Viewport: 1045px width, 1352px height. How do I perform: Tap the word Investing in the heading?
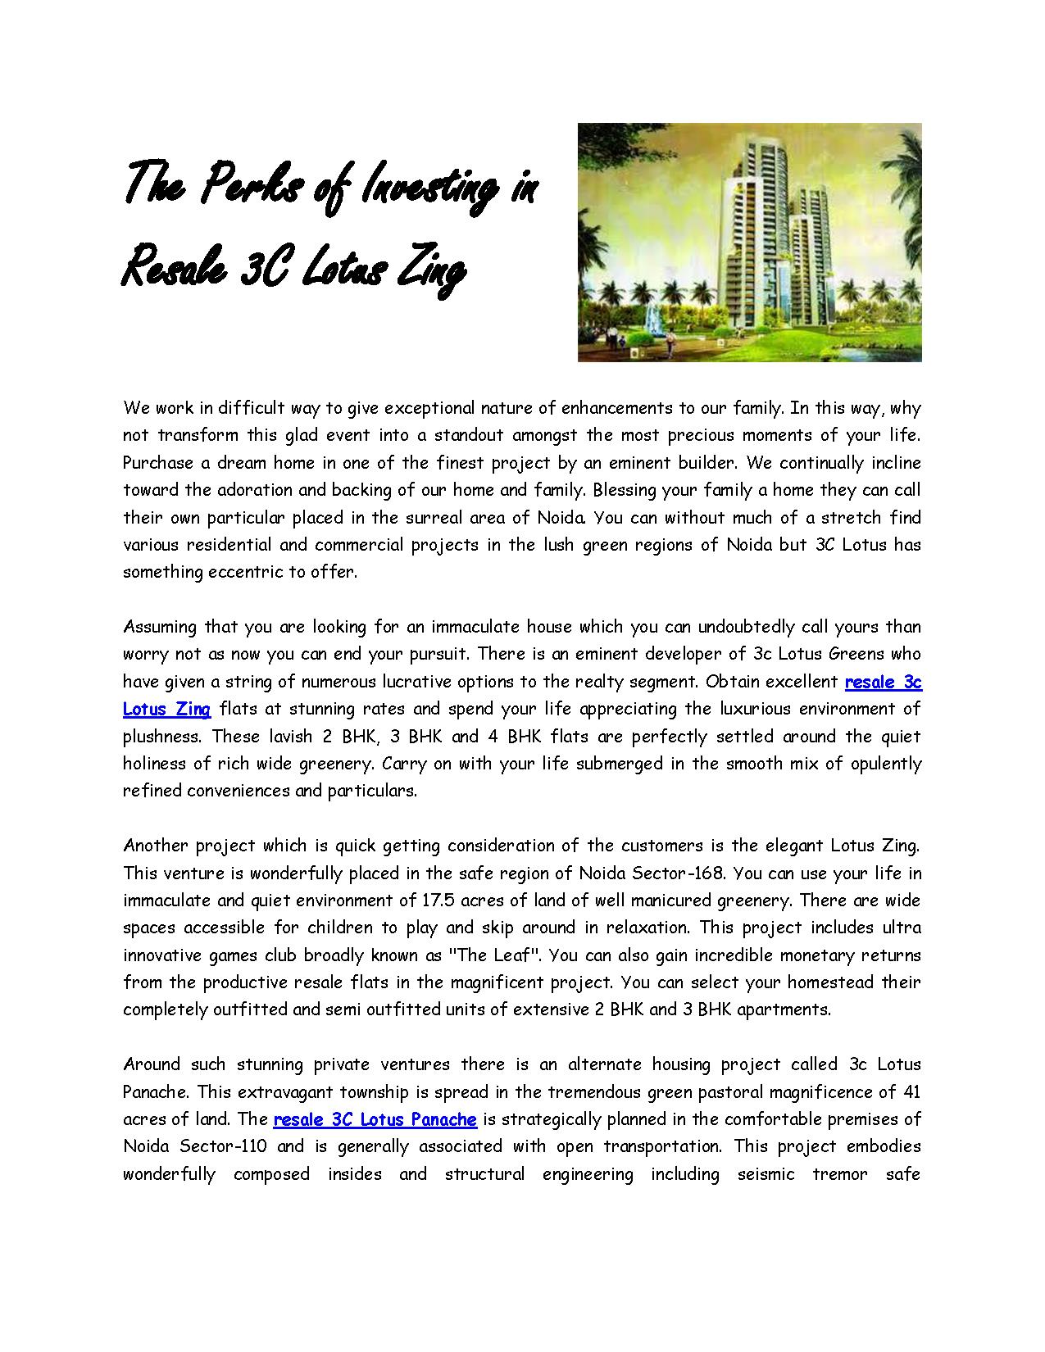pos(425,187)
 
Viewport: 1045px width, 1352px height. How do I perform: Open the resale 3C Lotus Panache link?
pos(375,1119)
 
